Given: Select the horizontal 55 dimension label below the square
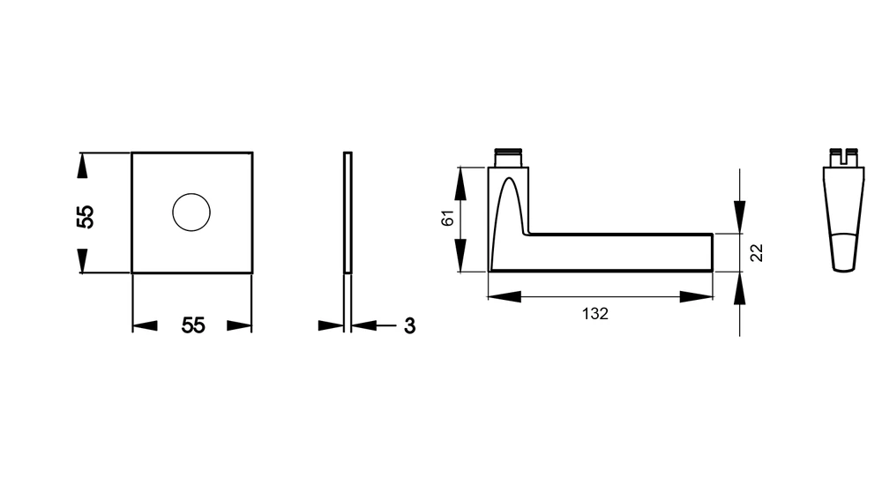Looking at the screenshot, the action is tap(193, 325).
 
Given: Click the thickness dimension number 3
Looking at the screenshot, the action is tap(409, 325).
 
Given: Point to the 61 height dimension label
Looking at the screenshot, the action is tap(447, 218).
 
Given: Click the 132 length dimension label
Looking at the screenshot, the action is tap(595, 313).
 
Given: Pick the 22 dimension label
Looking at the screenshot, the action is tap(757, 252).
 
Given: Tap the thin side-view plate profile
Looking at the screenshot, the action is tap(348, 213).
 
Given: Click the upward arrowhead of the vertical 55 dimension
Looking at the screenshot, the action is tap(83, 166).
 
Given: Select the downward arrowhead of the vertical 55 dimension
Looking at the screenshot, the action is tap(83, 260).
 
